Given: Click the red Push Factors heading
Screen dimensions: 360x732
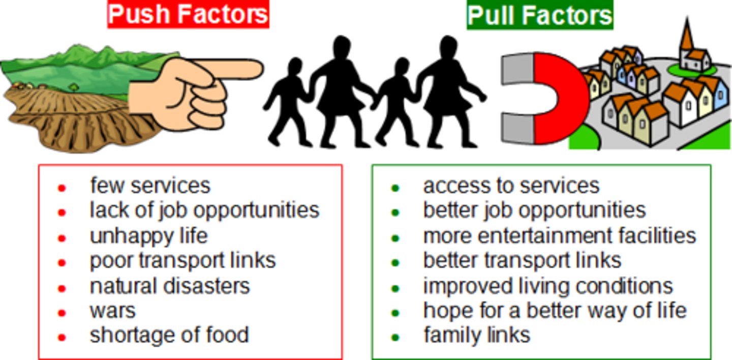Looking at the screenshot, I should tap(188, 15).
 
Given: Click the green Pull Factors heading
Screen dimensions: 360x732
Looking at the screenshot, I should tap(539, 15).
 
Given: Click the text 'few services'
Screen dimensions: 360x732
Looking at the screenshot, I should tap(150, 185).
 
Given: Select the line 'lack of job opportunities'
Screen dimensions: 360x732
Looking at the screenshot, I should tap(204, 210).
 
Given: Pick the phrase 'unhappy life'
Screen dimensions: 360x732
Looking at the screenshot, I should tap(148, 235).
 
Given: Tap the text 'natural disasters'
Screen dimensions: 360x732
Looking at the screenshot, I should tap(170, 286).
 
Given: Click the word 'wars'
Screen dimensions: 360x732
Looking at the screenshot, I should tap(112, 310).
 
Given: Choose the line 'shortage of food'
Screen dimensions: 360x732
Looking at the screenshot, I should tap(169, 335).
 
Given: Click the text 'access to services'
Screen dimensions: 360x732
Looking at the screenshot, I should tap(511, 185).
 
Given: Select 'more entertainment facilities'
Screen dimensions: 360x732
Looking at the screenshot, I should tap(559, 235).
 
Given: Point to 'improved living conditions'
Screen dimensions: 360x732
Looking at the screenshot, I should tap(547, 286).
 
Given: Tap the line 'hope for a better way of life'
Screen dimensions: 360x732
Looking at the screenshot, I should tap(555, 310).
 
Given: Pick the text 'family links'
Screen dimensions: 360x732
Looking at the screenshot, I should tap(476, 335).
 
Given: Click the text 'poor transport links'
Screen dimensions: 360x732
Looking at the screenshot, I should tap(182, 260).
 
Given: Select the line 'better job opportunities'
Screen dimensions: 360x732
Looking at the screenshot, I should tap(534, 210).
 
